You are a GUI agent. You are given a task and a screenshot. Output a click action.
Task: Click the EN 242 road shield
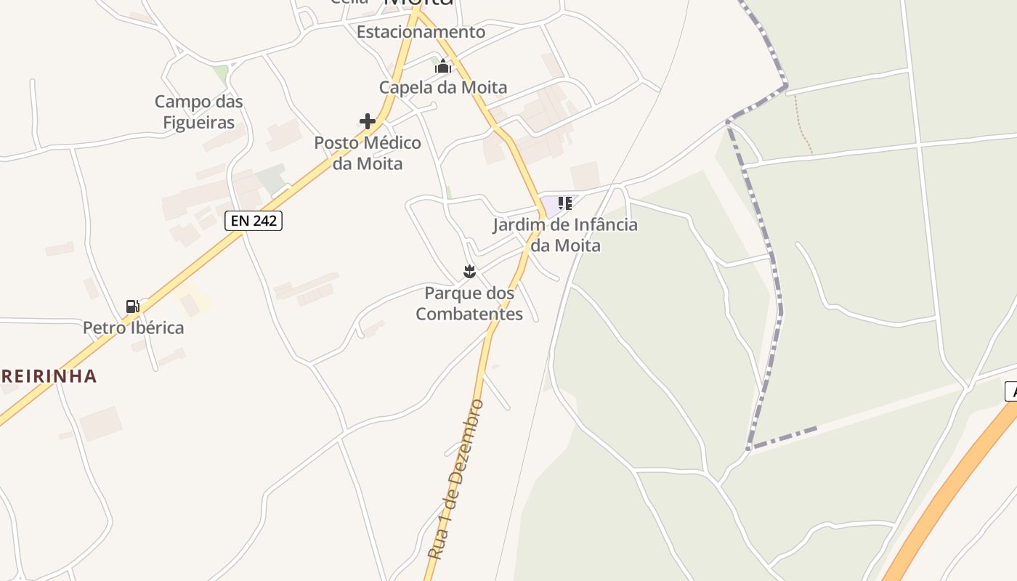click(254, 221)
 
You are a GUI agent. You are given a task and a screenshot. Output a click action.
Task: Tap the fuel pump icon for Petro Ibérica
click(133, 306)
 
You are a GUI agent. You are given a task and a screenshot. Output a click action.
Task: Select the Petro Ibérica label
click(133, 328)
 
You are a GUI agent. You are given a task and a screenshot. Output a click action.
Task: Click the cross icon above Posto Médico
click(368, 121)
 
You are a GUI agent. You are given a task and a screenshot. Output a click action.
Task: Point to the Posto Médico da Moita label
click(368, 153)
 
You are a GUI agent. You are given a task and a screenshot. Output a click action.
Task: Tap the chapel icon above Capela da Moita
click(443, 67)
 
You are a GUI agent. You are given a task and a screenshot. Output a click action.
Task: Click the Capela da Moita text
click(443, 88)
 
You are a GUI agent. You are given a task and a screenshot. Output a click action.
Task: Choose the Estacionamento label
click(421, 32)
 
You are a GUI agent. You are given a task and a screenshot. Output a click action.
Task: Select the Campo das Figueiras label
click(198, 112)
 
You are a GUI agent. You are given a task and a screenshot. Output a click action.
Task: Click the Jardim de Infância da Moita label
click(565, 235)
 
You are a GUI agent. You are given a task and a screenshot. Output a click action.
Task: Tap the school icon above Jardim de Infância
click(565, 203)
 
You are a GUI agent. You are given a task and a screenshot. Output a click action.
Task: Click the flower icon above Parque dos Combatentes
click(469, 272)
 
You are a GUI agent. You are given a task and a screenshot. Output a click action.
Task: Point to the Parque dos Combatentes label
click(469, 304)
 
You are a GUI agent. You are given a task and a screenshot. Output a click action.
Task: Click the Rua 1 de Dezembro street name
click(455, 479)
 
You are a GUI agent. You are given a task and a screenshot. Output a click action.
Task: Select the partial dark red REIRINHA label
click(48, 376)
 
